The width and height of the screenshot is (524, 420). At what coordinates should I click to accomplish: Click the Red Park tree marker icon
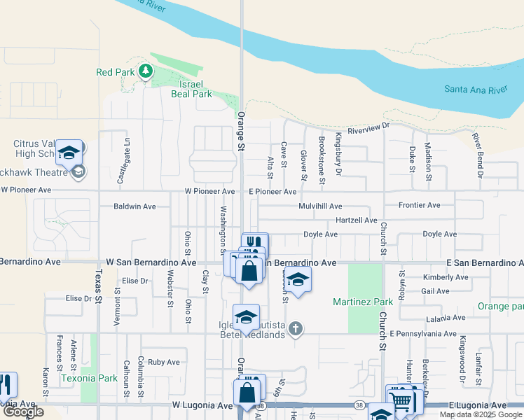(x=145, y=71)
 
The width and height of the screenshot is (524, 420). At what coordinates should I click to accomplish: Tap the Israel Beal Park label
(x=191, y=88)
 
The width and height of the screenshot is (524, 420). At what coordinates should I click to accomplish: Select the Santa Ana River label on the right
(x=475, y=90)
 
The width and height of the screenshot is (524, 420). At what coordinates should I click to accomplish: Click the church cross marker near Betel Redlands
(x=296, y=328)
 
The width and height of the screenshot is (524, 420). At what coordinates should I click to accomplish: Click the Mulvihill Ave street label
(x=319, y=206)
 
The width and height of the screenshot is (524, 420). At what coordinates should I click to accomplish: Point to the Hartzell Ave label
(x=357, y=220)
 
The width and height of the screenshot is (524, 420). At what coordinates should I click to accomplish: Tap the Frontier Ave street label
(x=419, y=205)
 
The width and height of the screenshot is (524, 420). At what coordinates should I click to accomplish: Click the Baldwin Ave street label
(x=135, y=206)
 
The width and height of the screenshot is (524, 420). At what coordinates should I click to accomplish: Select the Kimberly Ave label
(x=445, y=277)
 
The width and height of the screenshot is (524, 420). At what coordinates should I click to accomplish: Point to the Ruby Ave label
(x=164, y=362)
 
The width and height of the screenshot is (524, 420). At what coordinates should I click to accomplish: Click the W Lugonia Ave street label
(x=202, y=405)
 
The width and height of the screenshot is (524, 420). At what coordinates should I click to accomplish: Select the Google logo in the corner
(x=23, y=412)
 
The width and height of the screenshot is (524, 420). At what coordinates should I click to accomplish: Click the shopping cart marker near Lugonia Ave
(x=399, y=400)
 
